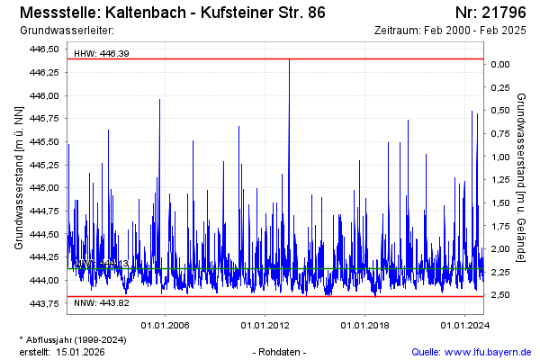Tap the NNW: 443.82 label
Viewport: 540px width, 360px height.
[x=101, y=302]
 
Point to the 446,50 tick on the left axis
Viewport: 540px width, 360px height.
[x=44, y=49]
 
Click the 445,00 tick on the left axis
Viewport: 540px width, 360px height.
[x=44, y=188]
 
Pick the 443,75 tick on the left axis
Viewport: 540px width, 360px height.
[x=44, y=303]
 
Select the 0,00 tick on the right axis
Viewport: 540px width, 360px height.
[x=501, y=64]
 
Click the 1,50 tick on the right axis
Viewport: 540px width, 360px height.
[x=501, y=202]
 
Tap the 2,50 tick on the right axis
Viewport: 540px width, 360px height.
[x=501, y=295]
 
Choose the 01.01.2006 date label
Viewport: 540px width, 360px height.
[x=164, y=325]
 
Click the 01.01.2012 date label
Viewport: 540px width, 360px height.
[x=264, y=325]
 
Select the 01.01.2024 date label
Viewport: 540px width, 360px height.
[x=463, y=325]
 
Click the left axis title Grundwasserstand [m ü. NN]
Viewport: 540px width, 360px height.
[x=18, y=177]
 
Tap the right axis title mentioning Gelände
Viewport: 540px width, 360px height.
[x=522, y=177]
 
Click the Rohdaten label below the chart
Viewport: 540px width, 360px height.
[x=280, y=351]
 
